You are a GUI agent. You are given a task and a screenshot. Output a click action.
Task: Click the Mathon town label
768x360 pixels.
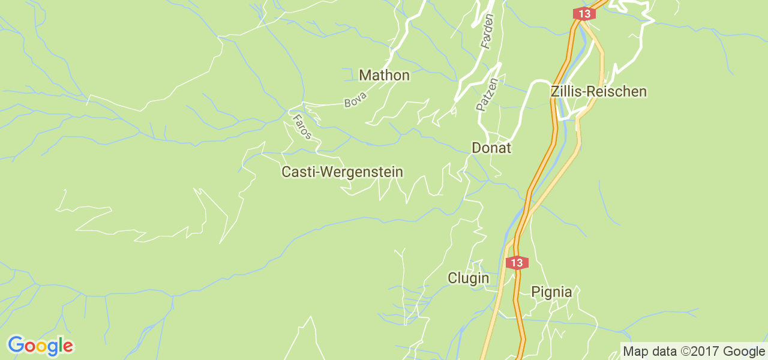point(384,76)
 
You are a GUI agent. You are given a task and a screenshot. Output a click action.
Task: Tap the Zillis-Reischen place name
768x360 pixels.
point(599,92)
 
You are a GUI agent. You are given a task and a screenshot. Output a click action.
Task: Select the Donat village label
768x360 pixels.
point(491,148)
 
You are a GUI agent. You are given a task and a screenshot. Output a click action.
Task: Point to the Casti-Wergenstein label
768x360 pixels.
point(342,172)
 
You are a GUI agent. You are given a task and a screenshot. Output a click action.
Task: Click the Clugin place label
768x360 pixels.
point(468,278)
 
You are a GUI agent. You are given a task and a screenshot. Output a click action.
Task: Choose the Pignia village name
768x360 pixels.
point(551,292)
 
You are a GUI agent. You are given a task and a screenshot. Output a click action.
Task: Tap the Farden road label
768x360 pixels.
point(487,31)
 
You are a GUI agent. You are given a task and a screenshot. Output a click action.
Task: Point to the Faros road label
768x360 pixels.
point(301,127)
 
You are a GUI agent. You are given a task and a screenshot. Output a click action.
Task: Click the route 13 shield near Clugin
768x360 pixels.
point(517,262)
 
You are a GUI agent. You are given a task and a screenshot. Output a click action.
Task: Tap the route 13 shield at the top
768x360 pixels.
point(583,14)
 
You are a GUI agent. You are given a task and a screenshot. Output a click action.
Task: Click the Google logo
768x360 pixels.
point(40,346)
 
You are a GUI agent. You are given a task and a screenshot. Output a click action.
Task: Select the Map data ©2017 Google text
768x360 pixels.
point(694,352)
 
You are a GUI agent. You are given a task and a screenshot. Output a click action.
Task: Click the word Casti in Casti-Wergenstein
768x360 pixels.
point(298,172)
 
